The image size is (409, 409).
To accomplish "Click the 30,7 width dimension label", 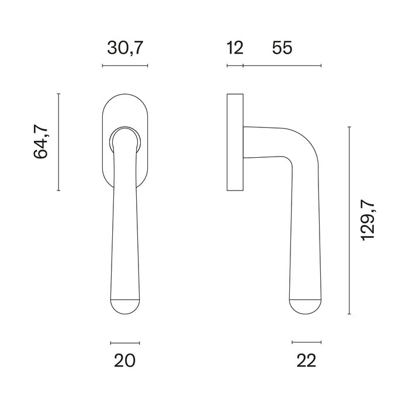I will point(125,48).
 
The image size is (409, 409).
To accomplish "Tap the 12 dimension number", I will point(234,48).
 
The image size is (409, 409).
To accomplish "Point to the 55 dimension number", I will point(282,48).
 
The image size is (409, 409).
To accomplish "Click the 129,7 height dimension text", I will point(367,220).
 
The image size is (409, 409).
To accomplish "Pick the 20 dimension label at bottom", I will point(125,361).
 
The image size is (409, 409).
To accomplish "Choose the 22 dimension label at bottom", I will point(306,361).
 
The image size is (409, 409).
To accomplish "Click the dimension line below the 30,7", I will point(125,65).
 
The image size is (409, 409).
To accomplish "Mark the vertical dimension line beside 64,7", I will point(58,142).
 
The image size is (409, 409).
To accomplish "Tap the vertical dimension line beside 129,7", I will point(349,220).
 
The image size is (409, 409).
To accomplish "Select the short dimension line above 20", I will point(125,342).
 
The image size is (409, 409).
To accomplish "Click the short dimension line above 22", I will point(306,342).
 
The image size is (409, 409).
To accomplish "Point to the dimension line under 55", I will point(282,65).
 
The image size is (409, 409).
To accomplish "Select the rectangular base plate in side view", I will point(235,142).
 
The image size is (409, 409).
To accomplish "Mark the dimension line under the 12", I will point(234,65).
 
